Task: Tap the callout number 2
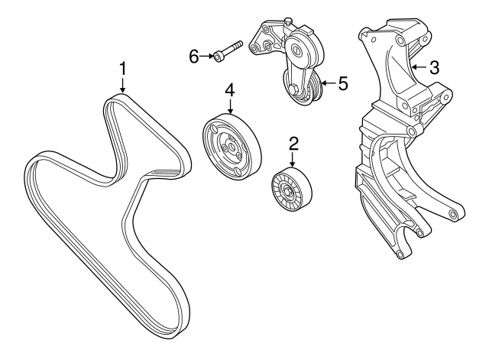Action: point(293,142)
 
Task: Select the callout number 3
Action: point(434,68)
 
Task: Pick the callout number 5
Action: point(343,83)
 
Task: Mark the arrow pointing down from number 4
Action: point(228,106)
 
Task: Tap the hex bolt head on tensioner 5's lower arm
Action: point(293,93)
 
